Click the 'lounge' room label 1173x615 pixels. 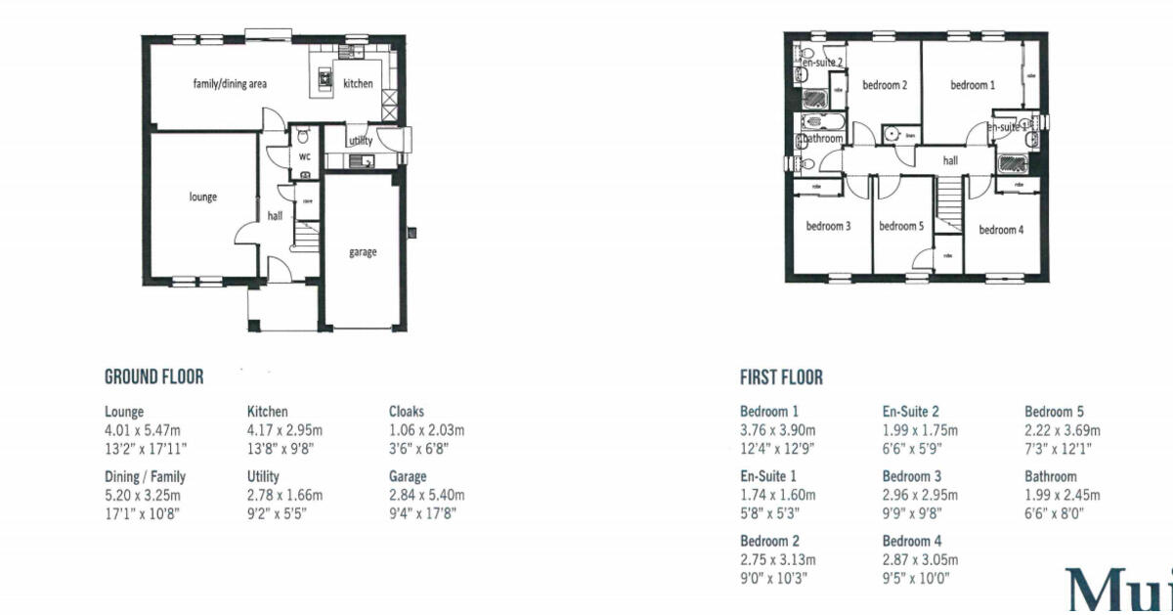(203, 197)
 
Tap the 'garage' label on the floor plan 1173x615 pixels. (363, 252)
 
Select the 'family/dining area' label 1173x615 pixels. (230, 84)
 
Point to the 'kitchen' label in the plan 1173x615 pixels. (358, 84)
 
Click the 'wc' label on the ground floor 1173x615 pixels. (305, 156)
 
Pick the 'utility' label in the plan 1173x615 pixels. (361, 141)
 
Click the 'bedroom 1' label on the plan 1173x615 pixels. (973, 86)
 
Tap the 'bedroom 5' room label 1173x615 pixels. (900, 227)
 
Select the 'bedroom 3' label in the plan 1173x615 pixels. (828, 227)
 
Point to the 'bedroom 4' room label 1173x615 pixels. (1002, 230)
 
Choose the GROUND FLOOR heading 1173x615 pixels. (153, 377)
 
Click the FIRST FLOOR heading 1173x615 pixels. (781, 377)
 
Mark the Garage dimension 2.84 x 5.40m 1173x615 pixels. (426, 495)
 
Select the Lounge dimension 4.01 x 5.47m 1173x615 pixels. (144, 430)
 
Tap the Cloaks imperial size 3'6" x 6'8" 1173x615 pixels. (420, 449)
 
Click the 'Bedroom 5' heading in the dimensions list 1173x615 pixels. (1054, 412)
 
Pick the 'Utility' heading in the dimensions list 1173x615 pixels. (263, 476)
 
